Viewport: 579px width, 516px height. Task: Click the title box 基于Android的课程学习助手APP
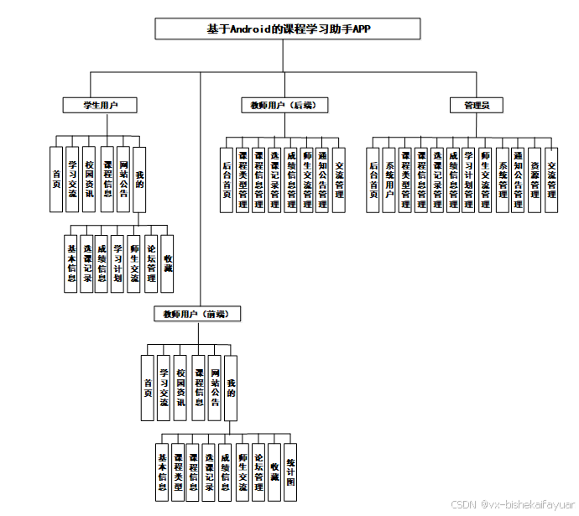[x=288, y=29]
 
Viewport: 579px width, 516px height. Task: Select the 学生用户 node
[x=99, y=105]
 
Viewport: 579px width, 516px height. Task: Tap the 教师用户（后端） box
[x=283, y=105]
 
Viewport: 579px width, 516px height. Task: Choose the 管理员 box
[x=477, y=105]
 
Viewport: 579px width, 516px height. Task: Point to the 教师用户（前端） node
[x=197, y=313]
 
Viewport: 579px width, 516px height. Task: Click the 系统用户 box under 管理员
[x=389, y=180]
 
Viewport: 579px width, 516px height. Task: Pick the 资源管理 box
[x=535, y=180]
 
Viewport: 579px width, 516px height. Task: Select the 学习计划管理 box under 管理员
[x=469, y=180]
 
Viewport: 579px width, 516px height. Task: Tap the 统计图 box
[x=289, y=472]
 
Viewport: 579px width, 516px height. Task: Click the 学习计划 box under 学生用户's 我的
[x=119, y=262]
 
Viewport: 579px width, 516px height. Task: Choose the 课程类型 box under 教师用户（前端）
[x=178, y=472]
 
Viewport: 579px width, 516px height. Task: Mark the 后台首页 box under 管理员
[x=374, y=180]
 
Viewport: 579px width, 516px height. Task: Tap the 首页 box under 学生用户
[x=56, y=178]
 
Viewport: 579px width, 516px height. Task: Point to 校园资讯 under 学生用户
[x=90, y=178]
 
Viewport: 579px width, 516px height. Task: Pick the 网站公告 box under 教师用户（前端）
[x=215, y=387]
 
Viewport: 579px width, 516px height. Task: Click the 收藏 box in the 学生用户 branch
[x=168, y=262]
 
